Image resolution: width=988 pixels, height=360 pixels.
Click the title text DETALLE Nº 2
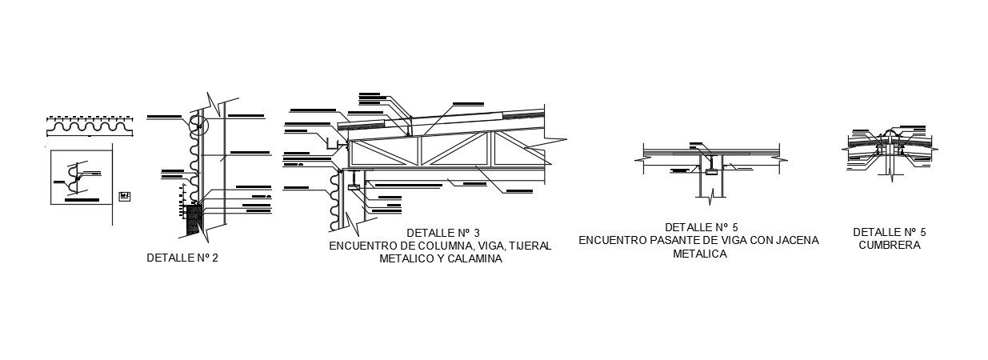click(x=182, y=258)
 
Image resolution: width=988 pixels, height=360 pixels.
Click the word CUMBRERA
click(x=889, y=246)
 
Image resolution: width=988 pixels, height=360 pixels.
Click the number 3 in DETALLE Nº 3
click(x=477, y=233)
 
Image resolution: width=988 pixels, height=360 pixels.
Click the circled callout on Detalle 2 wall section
click(x=197, y=124)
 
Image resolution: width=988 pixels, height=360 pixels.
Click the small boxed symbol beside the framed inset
click(x=124, y=195)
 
